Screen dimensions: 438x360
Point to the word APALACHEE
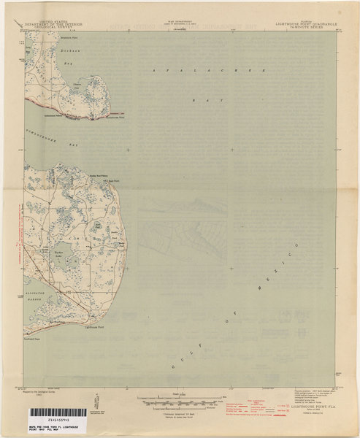175,69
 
